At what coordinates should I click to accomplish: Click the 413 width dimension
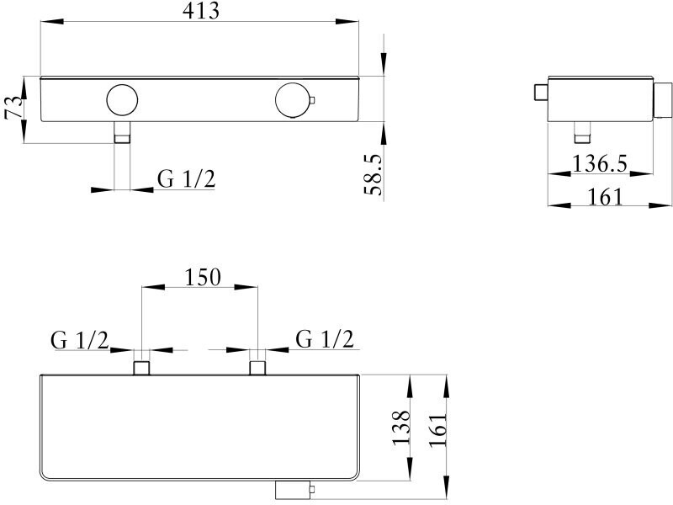(201, 12)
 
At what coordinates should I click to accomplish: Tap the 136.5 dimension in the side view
(600, 164)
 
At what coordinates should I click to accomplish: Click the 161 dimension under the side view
(606, 196)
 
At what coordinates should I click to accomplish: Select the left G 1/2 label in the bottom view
(80, 339)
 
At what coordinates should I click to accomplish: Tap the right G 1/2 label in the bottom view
(325, 339)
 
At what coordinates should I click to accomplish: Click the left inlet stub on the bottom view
(141, 367)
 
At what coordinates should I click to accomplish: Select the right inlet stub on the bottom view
(257, 367)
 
